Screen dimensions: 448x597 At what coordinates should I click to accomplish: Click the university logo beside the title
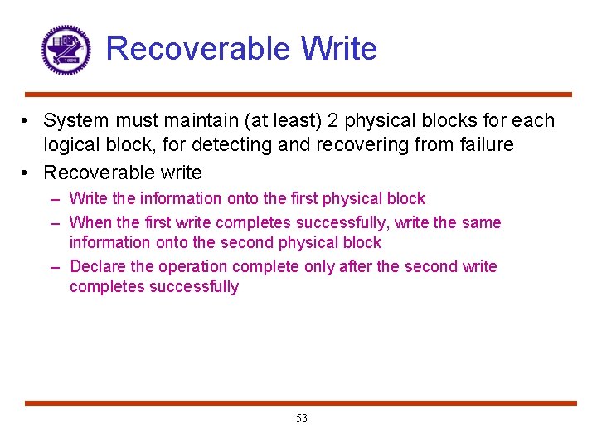coord(66,50)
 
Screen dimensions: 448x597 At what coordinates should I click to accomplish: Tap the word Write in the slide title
coord(339,49)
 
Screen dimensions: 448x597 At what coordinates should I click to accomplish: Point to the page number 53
coord(301,419)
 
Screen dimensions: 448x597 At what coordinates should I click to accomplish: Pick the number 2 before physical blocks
coord(332,121)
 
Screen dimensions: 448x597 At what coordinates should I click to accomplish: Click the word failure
coord(485,145)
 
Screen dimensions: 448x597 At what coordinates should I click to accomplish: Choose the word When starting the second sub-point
coord(91,222)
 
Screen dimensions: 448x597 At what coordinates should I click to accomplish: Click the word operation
coord(192,266)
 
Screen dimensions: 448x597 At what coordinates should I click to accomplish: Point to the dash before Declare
coord(55,267)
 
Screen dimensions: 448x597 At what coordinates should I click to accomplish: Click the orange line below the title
coord(298,95)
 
